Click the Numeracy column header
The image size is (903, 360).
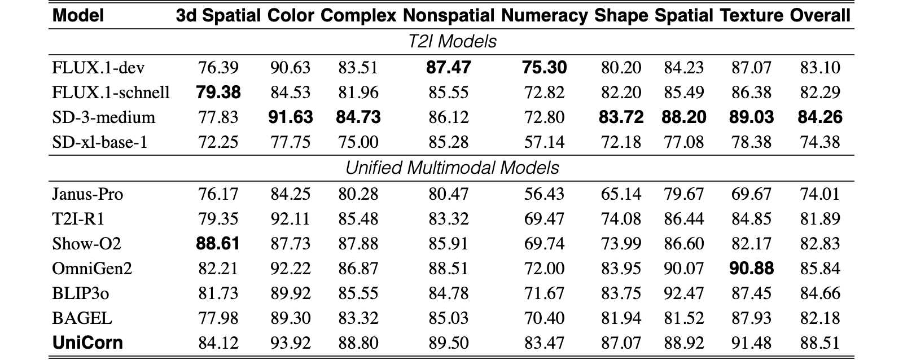544,16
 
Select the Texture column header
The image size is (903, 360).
751,16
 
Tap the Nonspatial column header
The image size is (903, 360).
449,16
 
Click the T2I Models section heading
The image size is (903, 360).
452,42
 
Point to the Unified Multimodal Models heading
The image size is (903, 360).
452,168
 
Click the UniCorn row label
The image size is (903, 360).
87,343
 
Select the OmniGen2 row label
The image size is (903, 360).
93,269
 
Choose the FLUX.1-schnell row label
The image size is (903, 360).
111,93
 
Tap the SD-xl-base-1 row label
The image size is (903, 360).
100,142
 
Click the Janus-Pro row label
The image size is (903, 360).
87,194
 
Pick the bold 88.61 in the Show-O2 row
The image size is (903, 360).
218,244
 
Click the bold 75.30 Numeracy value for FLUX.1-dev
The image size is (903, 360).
544,67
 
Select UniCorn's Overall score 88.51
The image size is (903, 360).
820,343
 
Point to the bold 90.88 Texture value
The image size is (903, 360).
751,269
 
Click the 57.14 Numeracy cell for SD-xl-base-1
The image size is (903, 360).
544,142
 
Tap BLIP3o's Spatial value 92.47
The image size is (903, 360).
684,293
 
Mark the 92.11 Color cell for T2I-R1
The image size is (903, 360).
291,219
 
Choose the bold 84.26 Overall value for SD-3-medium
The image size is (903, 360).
820,117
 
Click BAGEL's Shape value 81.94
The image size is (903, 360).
621,318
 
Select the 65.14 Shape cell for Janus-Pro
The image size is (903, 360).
621,194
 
